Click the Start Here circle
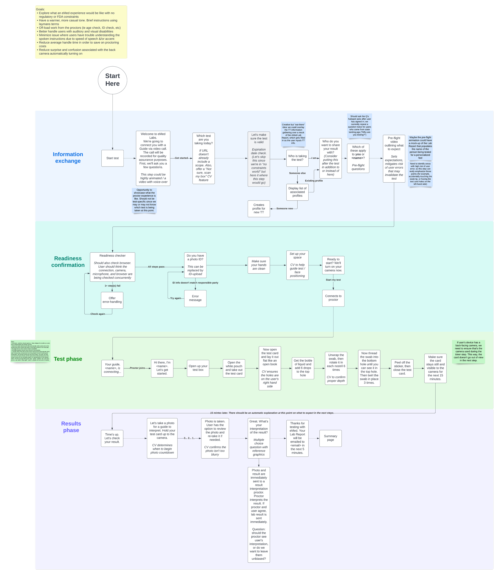coord(113,80)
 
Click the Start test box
coord(113,158)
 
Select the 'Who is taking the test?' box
coord(297,158)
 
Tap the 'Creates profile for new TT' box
coord(259,209)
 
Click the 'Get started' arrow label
coord(181,158)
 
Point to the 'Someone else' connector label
coord(297,173)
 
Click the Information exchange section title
coord(68,158)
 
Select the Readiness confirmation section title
coord(68,262)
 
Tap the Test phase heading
coord(68,359)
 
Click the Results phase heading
coord(71,427)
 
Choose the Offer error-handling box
coord(112,300)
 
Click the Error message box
coord(195,298)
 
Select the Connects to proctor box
coord(333,298)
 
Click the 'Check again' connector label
coord(98,314)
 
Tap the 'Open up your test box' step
coord(198,368)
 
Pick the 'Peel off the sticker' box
coord(402,368)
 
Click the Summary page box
coord(331,438)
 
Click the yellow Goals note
coord(81,32)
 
